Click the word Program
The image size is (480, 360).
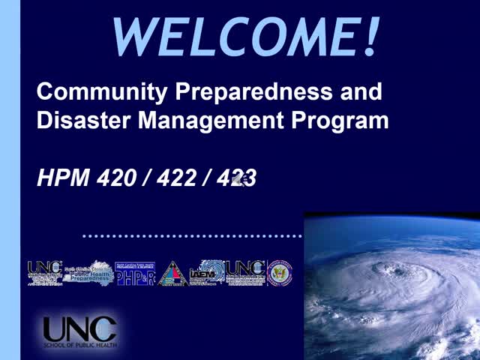pos(340,120)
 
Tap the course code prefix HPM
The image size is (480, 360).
pos(64,178)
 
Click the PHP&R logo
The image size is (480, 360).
pos(135,274)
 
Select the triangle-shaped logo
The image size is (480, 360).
pos(172,274)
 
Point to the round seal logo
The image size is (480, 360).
pos(280,273)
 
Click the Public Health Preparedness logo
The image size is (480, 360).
pos(88,274)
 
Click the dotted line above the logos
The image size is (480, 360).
pos(192,235)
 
